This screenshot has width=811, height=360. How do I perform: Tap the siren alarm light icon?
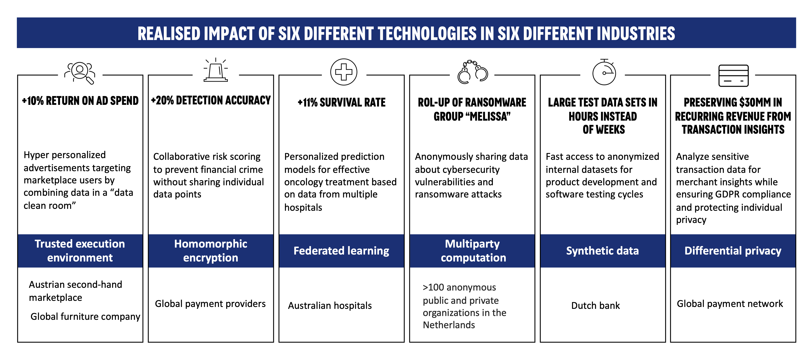click(216, 70)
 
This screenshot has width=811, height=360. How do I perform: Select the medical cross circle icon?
click(344, 72)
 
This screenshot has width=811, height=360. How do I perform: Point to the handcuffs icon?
click(473, 72)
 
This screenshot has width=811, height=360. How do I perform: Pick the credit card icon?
click(734, 76)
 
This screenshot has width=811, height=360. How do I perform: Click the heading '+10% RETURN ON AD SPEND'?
click(80, 101)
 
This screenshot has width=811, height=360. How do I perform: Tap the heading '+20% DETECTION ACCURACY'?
click(211, 100)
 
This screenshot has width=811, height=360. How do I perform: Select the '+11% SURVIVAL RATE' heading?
click(341, 102)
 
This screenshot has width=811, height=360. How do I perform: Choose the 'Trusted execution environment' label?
click(80, 251)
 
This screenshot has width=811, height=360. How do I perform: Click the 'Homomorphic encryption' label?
click(211, 251)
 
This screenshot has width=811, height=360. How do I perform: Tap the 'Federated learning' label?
click(341, 251)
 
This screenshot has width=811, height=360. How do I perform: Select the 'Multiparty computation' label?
click(473, 251)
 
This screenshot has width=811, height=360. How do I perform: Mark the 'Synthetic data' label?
click(603, 251)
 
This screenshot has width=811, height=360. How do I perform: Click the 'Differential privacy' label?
click(733, 251)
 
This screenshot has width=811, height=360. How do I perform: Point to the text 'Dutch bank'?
click(596, 305)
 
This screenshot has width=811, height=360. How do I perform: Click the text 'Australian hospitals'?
click(330, 305)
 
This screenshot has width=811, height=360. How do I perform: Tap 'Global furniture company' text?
click(85, 317)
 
